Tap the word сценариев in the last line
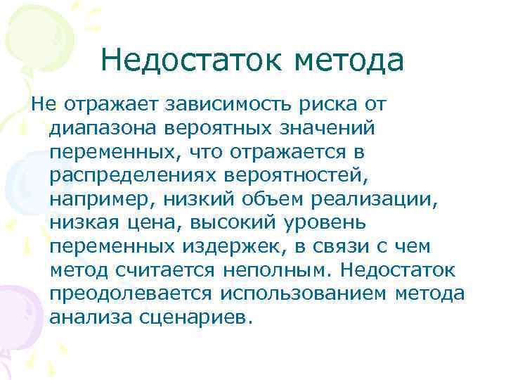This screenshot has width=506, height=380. point(196,317)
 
